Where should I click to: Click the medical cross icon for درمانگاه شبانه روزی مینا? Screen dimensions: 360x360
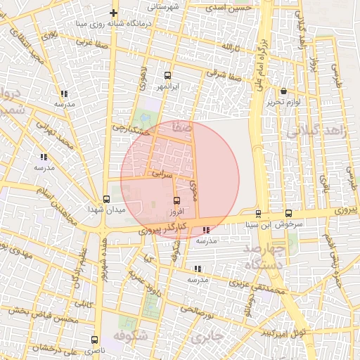click(114, 13)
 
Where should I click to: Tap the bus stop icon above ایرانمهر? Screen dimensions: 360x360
click(167, 75)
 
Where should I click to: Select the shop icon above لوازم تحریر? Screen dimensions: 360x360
click(283, 91)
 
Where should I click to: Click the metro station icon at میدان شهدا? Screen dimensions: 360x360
click(106, 199)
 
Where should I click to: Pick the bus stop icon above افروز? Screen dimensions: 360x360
click(176, 200)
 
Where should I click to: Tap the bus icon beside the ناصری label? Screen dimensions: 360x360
click(94, 340)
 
